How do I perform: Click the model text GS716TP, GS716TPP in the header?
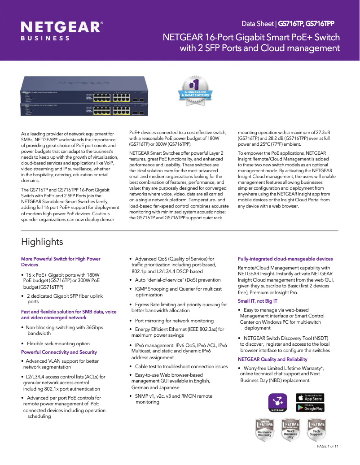tap(306, 23)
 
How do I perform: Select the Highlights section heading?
tap(42, 242)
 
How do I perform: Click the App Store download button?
tap(310, 397)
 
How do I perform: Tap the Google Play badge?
tap(310, 408)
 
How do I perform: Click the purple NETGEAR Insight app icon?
tap(278, 402)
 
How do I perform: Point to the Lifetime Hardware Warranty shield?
tap(264, 430)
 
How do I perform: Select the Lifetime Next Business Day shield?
tap(290, 430)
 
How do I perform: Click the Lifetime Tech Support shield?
tap(316, 429)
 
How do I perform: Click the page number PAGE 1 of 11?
tap(328, 446)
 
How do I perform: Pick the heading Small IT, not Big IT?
tap(257, 301)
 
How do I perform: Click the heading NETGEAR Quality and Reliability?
tap(272, 359)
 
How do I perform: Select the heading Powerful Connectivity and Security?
tap(59, 352)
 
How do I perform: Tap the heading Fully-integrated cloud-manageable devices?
tap(285, 259)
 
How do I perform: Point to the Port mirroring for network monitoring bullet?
tap(174, 321)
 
